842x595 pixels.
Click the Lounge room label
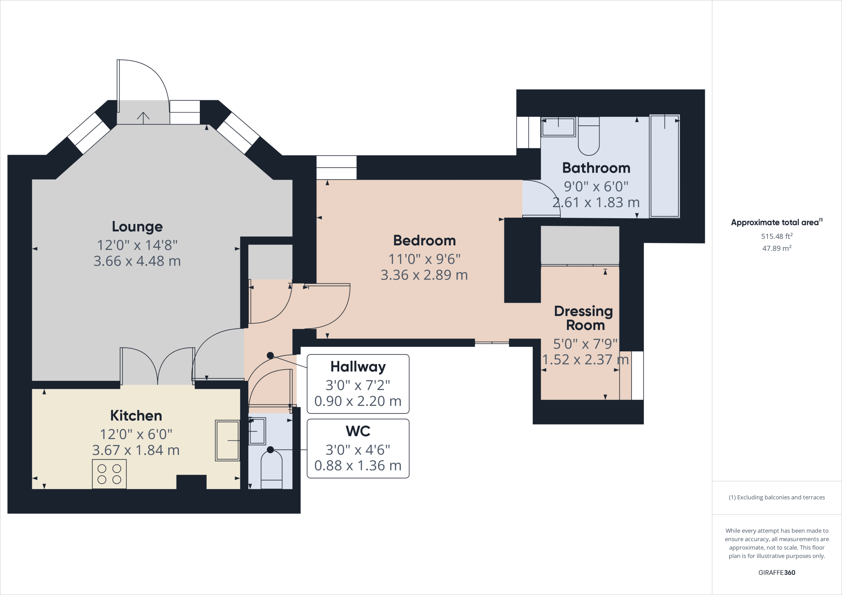pos(137,226)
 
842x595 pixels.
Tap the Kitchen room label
pos(136,415)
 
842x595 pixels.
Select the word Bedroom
pos(424,240)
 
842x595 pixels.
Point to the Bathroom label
pos(596,168)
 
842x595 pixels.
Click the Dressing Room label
pos(584,318)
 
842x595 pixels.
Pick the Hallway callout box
pos(358,384)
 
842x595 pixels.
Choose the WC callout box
pos(358,448)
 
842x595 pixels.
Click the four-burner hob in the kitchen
pos(109,474)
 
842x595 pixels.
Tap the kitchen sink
pos(227,440)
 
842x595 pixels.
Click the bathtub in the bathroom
pos(664,166)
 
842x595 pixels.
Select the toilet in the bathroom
pos(589,136)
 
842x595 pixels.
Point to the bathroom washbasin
pos(558,127)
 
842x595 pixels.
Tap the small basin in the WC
pos(257,431)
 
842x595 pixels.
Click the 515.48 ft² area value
pos(777,236)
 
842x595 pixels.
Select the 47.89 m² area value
pos(777,248)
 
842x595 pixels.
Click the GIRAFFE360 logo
pos(777,572)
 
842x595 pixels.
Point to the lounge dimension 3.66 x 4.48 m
pos(137,261)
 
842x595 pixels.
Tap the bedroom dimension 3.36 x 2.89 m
pos(424,275)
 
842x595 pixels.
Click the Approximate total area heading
pos(777,222)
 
